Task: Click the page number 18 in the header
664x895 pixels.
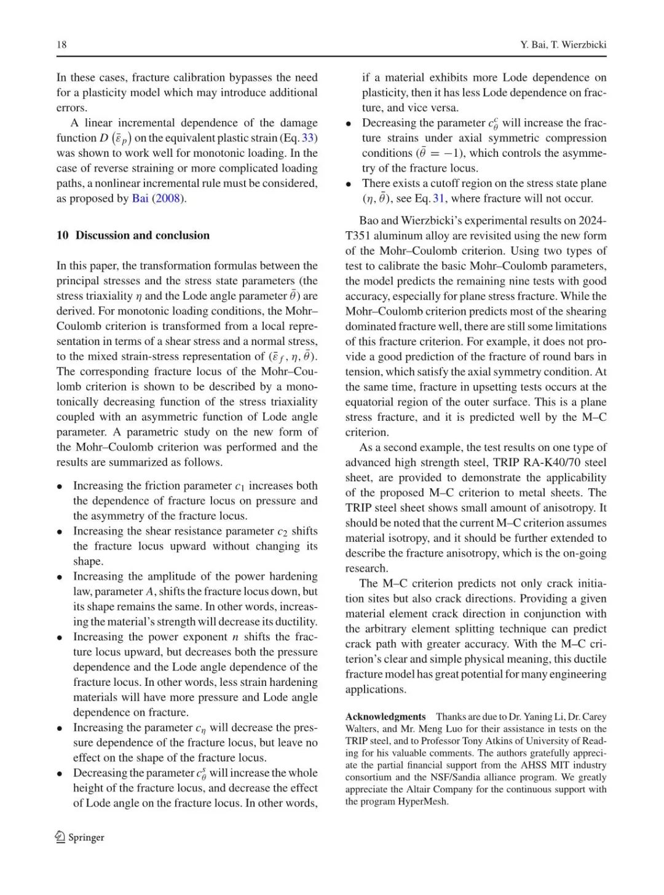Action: pyautogui.click(x=61, y=45)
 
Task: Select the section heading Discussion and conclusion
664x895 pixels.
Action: pyautogui.click(x=142, y=236)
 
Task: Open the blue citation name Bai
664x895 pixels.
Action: pyautogui.click(x=140, y=199)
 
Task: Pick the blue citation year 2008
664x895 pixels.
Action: pyautogui.click(x=168, y=199)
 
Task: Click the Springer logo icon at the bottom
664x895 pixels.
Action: pyautogui.click(x=60, y=837)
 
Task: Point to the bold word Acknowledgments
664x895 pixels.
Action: pyautogui.click(x=385, y=717)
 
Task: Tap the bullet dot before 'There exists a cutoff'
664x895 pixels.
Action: pyautogui.click(x=349, y=184)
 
